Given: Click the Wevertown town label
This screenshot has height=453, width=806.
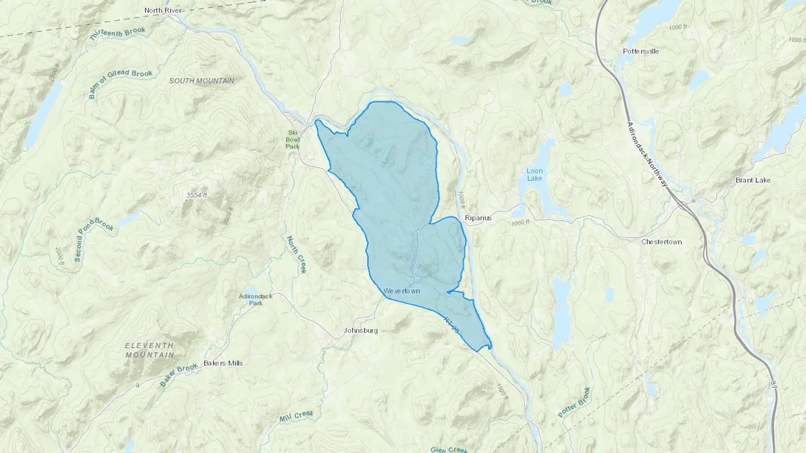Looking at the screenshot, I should point(402,291).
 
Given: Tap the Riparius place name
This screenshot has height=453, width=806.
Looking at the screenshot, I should point(478,218).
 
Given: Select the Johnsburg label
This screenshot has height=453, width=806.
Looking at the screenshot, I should point(360,331).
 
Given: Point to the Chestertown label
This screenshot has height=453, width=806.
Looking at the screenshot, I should point(661,242).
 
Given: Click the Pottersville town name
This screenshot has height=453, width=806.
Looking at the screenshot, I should point(641,51).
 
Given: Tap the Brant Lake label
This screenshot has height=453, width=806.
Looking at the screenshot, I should point(753,180).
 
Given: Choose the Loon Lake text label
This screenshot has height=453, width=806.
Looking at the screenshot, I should point(534,174).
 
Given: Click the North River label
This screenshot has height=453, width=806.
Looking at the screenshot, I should point(163,10).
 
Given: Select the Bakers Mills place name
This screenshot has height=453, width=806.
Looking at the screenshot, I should point(223,363).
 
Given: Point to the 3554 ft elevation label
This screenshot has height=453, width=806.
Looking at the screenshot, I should point(197,195).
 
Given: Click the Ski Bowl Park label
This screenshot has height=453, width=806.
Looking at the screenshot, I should point(292,140).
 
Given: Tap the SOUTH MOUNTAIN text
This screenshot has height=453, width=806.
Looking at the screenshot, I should point(201,81).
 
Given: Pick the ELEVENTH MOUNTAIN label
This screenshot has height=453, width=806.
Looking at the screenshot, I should point(150,350).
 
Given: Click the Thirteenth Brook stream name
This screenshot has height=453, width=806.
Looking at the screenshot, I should point(117,34).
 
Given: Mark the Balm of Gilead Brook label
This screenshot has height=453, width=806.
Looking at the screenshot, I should point(120,83).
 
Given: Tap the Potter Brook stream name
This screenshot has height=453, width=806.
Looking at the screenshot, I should point(574,402).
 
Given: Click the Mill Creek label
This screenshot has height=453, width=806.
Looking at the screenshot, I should point(296,416).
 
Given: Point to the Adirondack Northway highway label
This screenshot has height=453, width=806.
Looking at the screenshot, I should point(647,154).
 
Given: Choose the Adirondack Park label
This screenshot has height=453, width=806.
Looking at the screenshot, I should point(256,300).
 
